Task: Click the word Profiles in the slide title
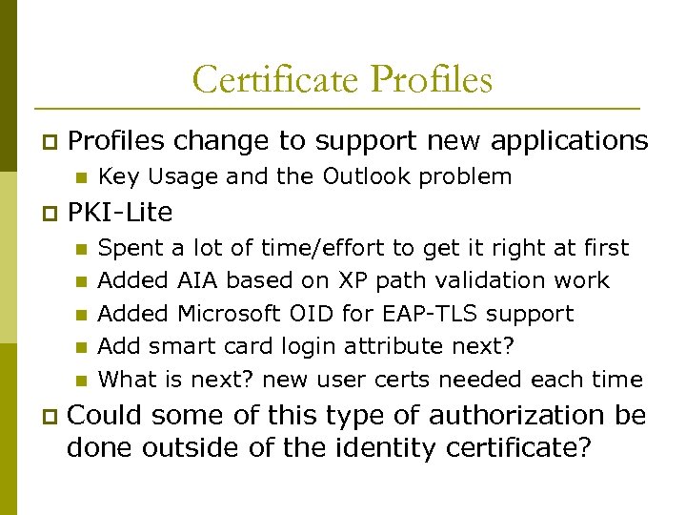coord(434,80)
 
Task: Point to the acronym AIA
coord(198,281)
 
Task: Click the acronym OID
coord(329,314)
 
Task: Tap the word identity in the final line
coord(373,448)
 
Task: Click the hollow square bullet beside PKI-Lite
coord(47,211)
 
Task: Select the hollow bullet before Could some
coord(47,417)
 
